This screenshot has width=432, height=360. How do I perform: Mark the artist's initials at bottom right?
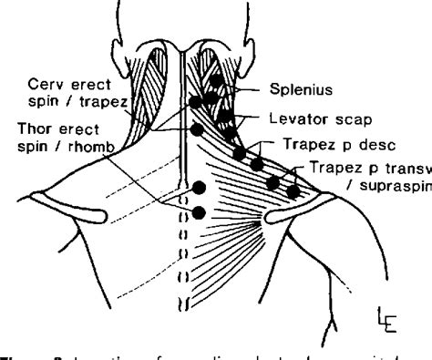pos(398,320)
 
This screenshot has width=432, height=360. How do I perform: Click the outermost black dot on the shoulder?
pos(293,191)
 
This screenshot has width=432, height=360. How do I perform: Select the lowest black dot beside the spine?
pos(198,213)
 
